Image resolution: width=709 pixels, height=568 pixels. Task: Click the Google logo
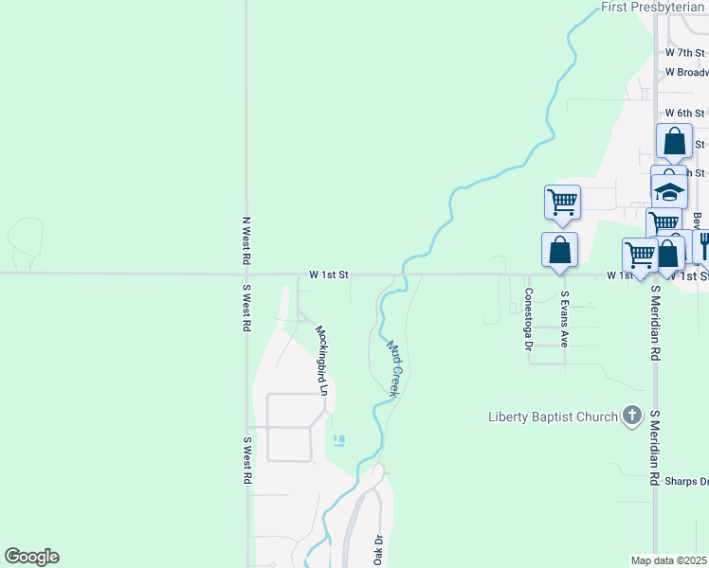[31, 557]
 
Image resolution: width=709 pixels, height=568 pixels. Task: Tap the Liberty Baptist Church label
[553, 417]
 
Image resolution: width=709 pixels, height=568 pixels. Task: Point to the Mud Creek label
[395, 368]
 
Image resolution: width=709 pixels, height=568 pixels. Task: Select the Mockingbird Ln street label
[321, 360]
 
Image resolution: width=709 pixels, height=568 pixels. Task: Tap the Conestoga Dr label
[529, 318]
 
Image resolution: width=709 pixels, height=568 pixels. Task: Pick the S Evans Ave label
[563, 318]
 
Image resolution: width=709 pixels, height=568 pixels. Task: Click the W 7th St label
[684, 53]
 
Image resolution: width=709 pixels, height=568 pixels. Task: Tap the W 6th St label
[684, 114]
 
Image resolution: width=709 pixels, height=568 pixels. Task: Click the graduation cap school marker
[670, 191]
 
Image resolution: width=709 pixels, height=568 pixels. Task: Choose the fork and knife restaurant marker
[701, 245]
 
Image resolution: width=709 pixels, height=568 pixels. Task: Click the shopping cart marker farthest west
[562, 201]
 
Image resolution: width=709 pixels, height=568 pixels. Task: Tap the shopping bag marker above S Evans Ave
[559, 250]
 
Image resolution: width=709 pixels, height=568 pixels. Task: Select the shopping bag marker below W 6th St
[674, 142]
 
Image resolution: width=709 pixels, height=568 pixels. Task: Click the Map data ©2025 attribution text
[667, 560]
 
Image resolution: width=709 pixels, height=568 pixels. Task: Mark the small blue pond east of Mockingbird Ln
[339, 440]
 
